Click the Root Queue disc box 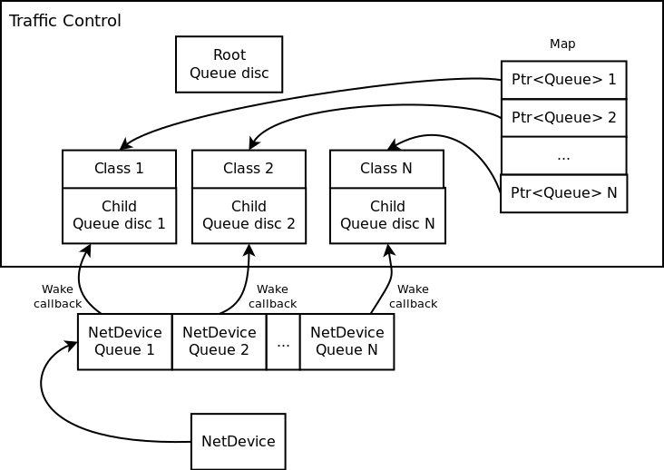click(x=229, y=64)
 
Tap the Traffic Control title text click(x=64, y=21)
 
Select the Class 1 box click(x=119, y=169)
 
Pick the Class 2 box click(x=249, y=169)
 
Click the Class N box click(x=386, y=169)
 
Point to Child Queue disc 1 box click(x=119, y=216)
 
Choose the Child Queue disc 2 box click(x=249, y=216)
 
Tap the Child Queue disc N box click(x=387, y=216)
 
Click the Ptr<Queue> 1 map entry click(x=563, y=80)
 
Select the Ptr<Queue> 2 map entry click(x=563, y=118)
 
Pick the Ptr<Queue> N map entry click(x=563, y=193)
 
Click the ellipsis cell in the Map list click(x=563, y=155)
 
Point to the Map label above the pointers click(x=562, y=44)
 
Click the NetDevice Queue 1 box click(x=124, y=342)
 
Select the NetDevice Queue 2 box click(x=219, y=342)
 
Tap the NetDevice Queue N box click(x=347, y=342)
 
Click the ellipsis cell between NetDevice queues click(x=283, y=342)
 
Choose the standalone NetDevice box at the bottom click(x=238, y=442)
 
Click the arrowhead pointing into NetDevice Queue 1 click(x=72, y=346)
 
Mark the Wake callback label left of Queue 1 click(x=57, y=297)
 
